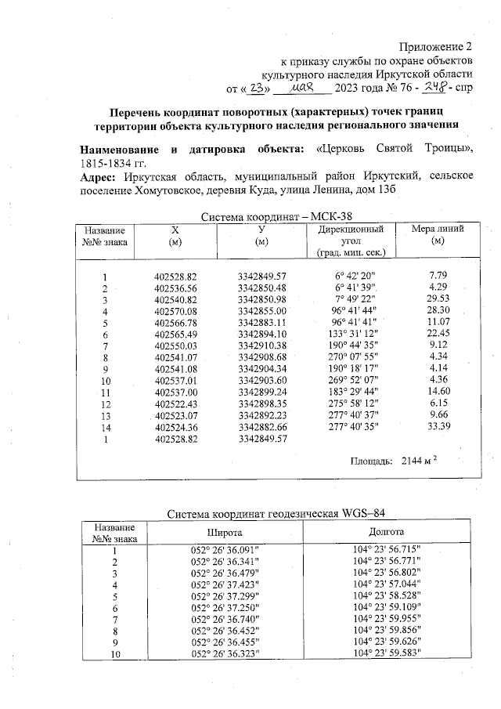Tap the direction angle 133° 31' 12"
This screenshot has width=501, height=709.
(x=354, y=333)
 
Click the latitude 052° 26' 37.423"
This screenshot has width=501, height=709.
(x=225, y=584)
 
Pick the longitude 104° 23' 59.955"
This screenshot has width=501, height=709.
(x=386, y=617)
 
